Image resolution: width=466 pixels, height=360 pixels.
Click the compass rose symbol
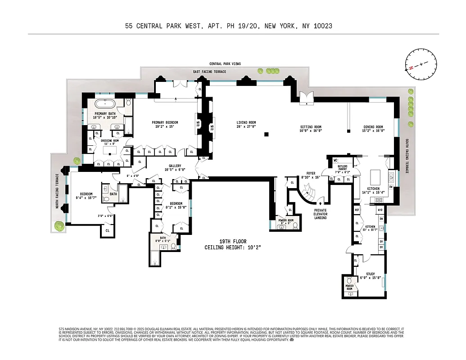[x=421, y=65]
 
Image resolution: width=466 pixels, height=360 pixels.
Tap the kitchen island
[x=376, y=175]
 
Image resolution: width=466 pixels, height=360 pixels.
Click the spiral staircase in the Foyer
[x=308, y=194]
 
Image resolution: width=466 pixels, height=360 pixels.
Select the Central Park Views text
[x=225, y=64]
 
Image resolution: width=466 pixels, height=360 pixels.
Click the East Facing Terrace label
[x=209, y=72]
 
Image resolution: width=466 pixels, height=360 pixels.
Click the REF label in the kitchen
[x=357, y=210]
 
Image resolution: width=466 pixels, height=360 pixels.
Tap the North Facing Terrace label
[x=57, y=191]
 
